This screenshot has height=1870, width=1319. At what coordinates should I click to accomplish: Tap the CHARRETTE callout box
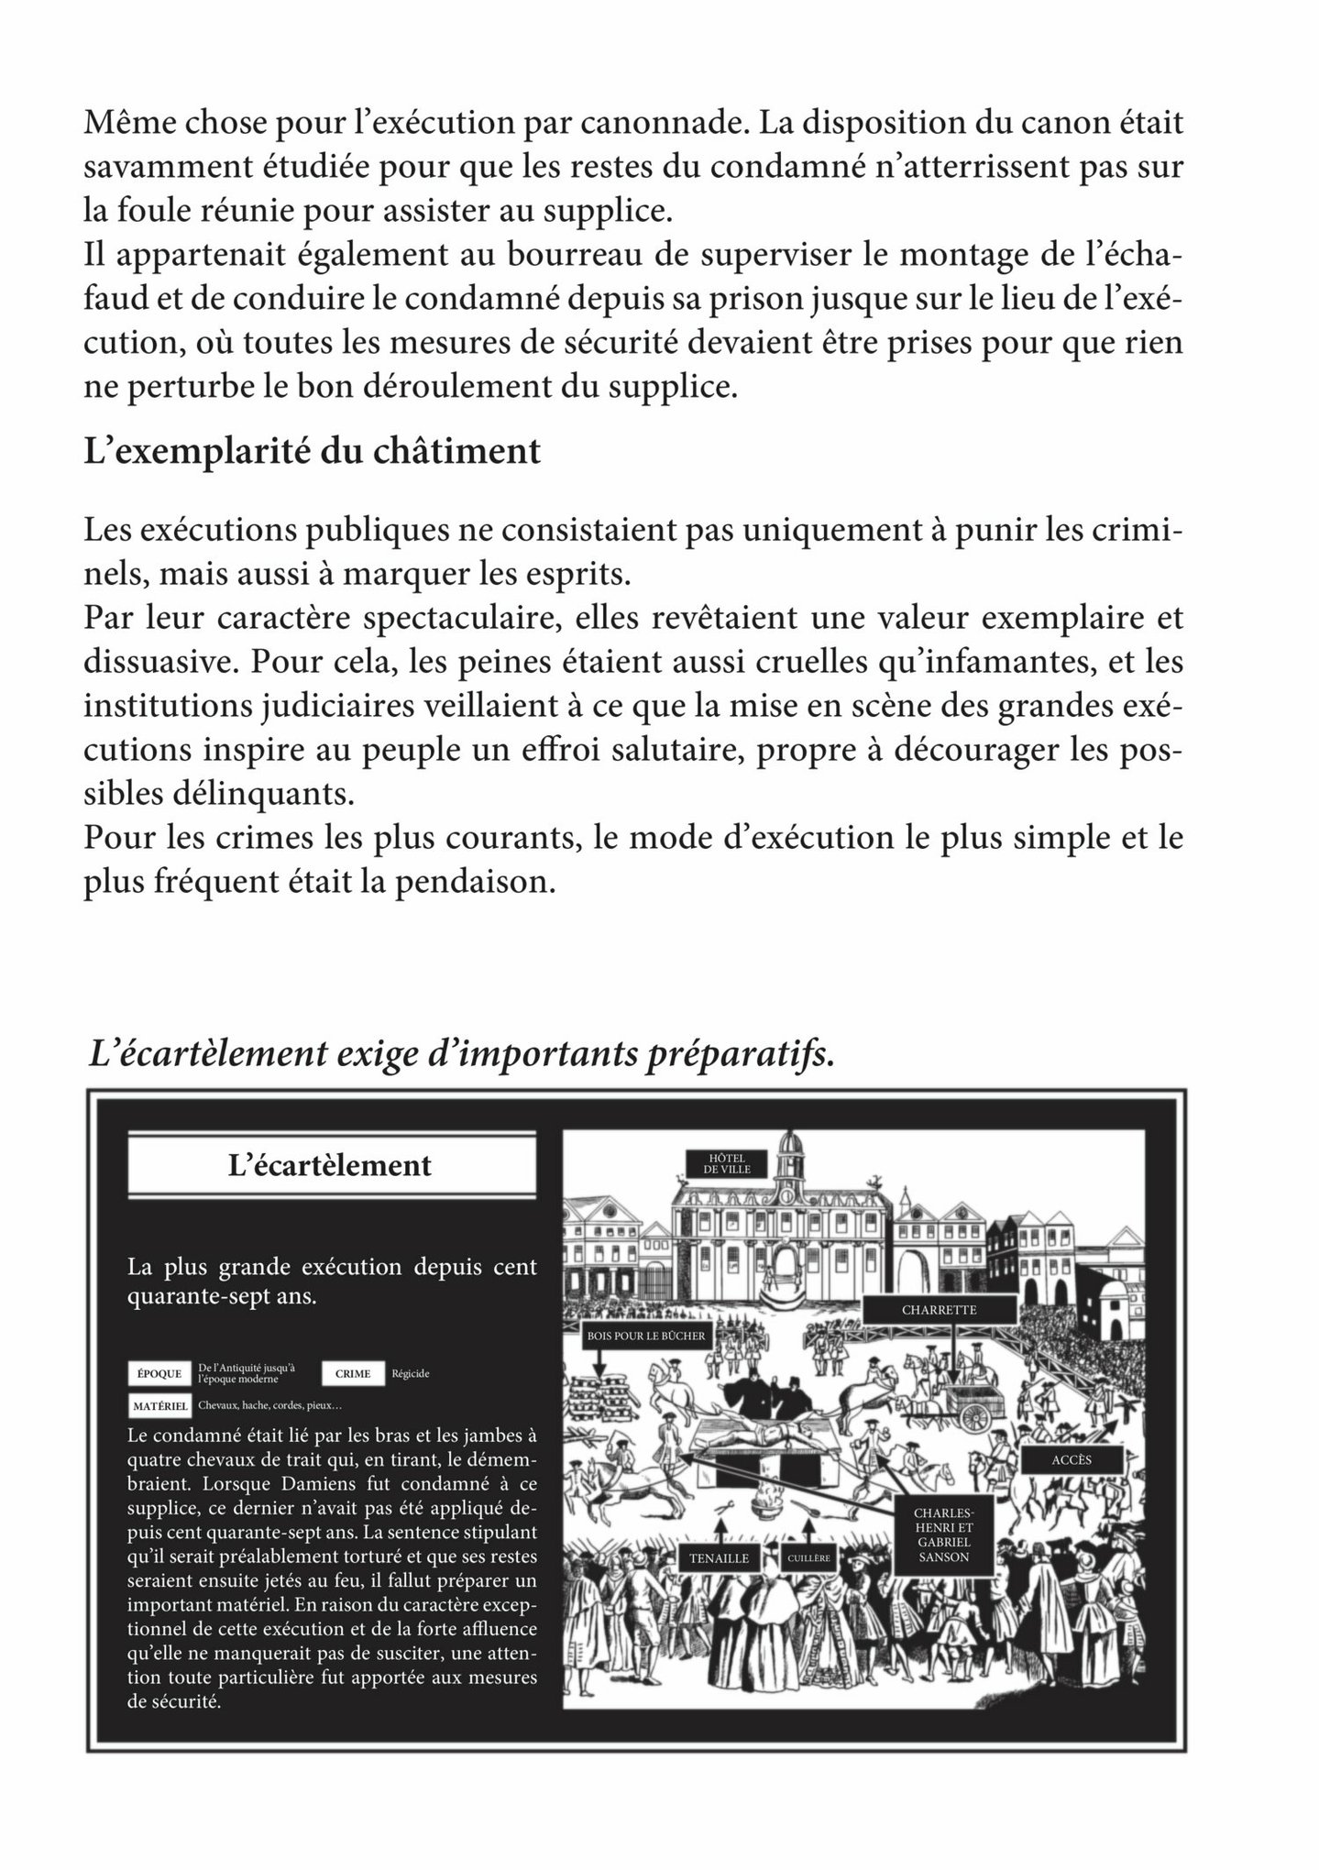coord(939,1310)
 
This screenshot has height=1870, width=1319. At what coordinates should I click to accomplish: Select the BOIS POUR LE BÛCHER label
coord(646,1336)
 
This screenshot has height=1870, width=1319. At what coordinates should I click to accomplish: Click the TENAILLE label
coord(719,1557)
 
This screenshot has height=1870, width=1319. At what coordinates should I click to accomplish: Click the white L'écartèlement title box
coord(330,1166)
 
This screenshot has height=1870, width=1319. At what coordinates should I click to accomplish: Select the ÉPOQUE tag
coord(159,1373)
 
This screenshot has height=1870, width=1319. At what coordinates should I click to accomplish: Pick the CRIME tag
coord(353,1373)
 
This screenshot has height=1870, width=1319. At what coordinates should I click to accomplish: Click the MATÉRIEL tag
coord(159,1405)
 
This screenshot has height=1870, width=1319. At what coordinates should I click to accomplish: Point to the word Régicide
coord(410,1374)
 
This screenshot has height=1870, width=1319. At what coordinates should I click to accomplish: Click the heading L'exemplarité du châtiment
coord(312,452)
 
